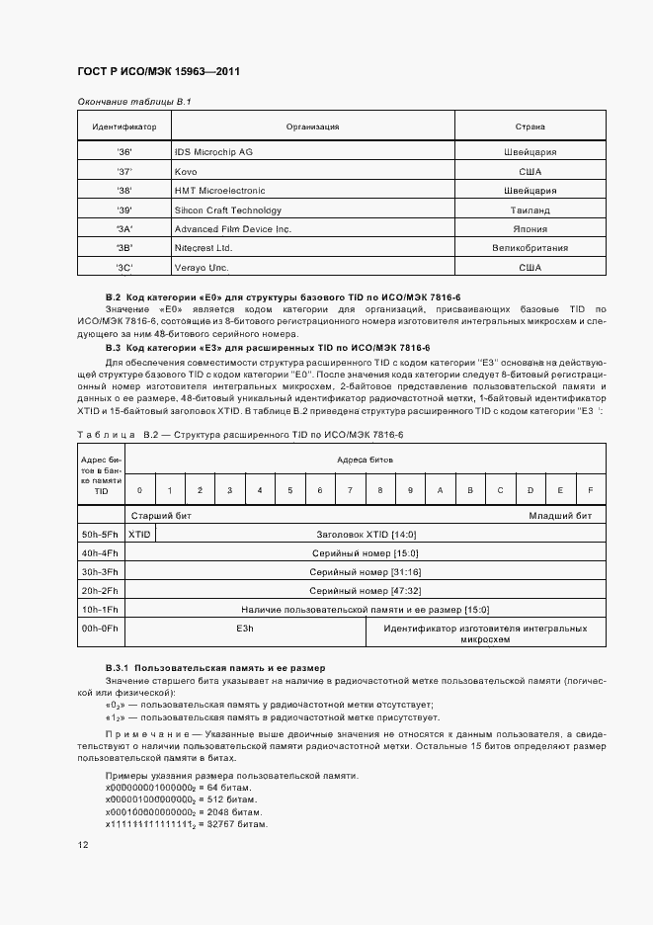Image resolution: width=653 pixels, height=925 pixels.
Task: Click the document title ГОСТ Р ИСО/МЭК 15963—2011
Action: coord(158,72)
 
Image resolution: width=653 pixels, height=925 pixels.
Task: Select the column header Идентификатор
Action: coord(124,126)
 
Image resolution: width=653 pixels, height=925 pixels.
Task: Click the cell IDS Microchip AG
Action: coord(213,152)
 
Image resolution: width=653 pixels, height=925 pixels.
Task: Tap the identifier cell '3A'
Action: coord(124,229)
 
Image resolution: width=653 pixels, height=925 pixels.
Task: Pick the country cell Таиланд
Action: coord(531,210)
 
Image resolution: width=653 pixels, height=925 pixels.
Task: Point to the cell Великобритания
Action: coord(531,248)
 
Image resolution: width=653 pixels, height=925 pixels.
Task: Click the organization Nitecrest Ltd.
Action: coord(203,248)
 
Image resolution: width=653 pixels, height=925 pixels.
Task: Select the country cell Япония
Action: coord(531,229)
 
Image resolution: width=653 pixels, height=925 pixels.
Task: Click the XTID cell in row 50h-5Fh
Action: coord(140,533)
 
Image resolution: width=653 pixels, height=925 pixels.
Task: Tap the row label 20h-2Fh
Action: coord(100,590)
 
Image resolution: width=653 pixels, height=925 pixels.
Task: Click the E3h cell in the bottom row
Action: coord(245,628)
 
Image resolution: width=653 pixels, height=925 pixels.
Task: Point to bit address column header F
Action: coord(590,490)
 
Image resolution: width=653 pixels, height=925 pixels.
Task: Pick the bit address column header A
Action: coord(440,490)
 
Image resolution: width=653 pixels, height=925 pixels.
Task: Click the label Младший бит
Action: coord(559,515)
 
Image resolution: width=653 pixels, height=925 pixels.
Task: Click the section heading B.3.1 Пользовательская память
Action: coord(215,669)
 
